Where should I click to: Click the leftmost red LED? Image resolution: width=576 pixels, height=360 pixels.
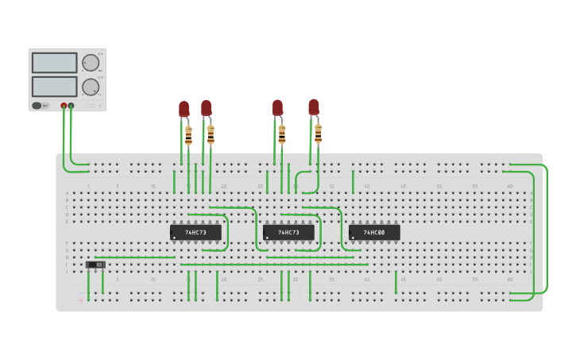click(x=184, y=109)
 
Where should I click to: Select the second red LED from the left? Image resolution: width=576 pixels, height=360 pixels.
click(x=206, y=107)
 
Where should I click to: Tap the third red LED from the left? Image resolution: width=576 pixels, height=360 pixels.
click(x=277, y=107)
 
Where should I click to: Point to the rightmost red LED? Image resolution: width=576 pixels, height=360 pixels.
click(x=314, y=106)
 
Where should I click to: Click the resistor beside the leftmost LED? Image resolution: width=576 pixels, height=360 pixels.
click(x=188, y=135)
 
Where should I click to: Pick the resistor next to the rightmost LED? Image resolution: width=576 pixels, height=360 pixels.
click(x=318, y=133)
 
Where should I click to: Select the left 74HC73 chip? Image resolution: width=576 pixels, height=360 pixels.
click(x=195, y=232)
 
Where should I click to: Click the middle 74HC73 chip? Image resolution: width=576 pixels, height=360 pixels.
click(x=288, y=232)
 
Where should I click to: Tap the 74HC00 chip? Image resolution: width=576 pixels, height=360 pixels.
click(x=374, y=232)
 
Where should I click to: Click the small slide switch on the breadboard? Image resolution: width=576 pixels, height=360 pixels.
click(x=95, y=265)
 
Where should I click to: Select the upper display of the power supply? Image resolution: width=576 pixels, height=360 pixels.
click(x=55, y=63)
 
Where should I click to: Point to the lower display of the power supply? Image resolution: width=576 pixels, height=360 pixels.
click(x=55, y=86)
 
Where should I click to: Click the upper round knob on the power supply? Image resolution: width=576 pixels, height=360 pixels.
click(x=91, y=63)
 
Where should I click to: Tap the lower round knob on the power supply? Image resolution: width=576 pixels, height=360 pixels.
click(x=91, y=87)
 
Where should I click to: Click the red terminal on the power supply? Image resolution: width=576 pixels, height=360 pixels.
click(x=64, y=106)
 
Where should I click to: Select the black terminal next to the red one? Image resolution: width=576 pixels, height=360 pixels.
click(x=72, y=106)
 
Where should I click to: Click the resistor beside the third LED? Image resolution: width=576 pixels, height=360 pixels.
click(x=281, y=134)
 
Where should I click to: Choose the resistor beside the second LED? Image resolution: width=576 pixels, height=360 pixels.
click(x=211, y=134)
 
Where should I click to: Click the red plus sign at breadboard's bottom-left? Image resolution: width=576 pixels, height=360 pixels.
click(x=80, y=300)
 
